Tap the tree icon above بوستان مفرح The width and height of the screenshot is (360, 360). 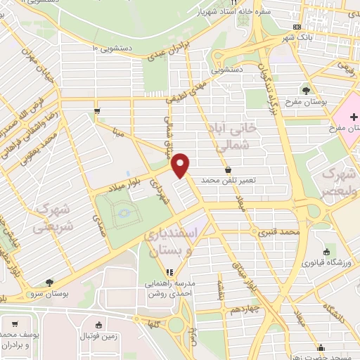(x=306, y=91)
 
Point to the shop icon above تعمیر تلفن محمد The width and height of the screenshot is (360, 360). (x=229, y=169)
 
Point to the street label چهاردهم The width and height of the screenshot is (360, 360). (x=248, y=309)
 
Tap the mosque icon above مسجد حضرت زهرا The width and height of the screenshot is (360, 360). (x=321, y=347)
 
